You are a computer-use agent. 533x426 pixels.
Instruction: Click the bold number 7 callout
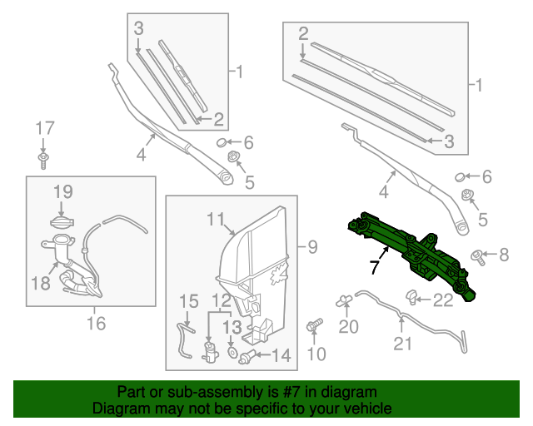(x=375, y=267)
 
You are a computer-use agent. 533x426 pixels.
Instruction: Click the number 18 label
(x=41, y=283)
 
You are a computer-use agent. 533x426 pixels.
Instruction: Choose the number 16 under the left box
(x=96, y=323)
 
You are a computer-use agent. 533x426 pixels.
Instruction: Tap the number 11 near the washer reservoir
(x=217, y=219)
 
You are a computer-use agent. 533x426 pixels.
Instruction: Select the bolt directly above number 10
(x=315, y=326)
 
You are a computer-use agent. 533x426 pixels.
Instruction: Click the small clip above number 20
(x=343, y=301)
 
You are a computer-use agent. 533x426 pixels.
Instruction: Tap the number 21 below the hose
(x=402, y=344)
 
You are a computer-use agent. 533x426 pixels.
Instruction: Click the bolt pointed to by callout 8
(x=479, y=255)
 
